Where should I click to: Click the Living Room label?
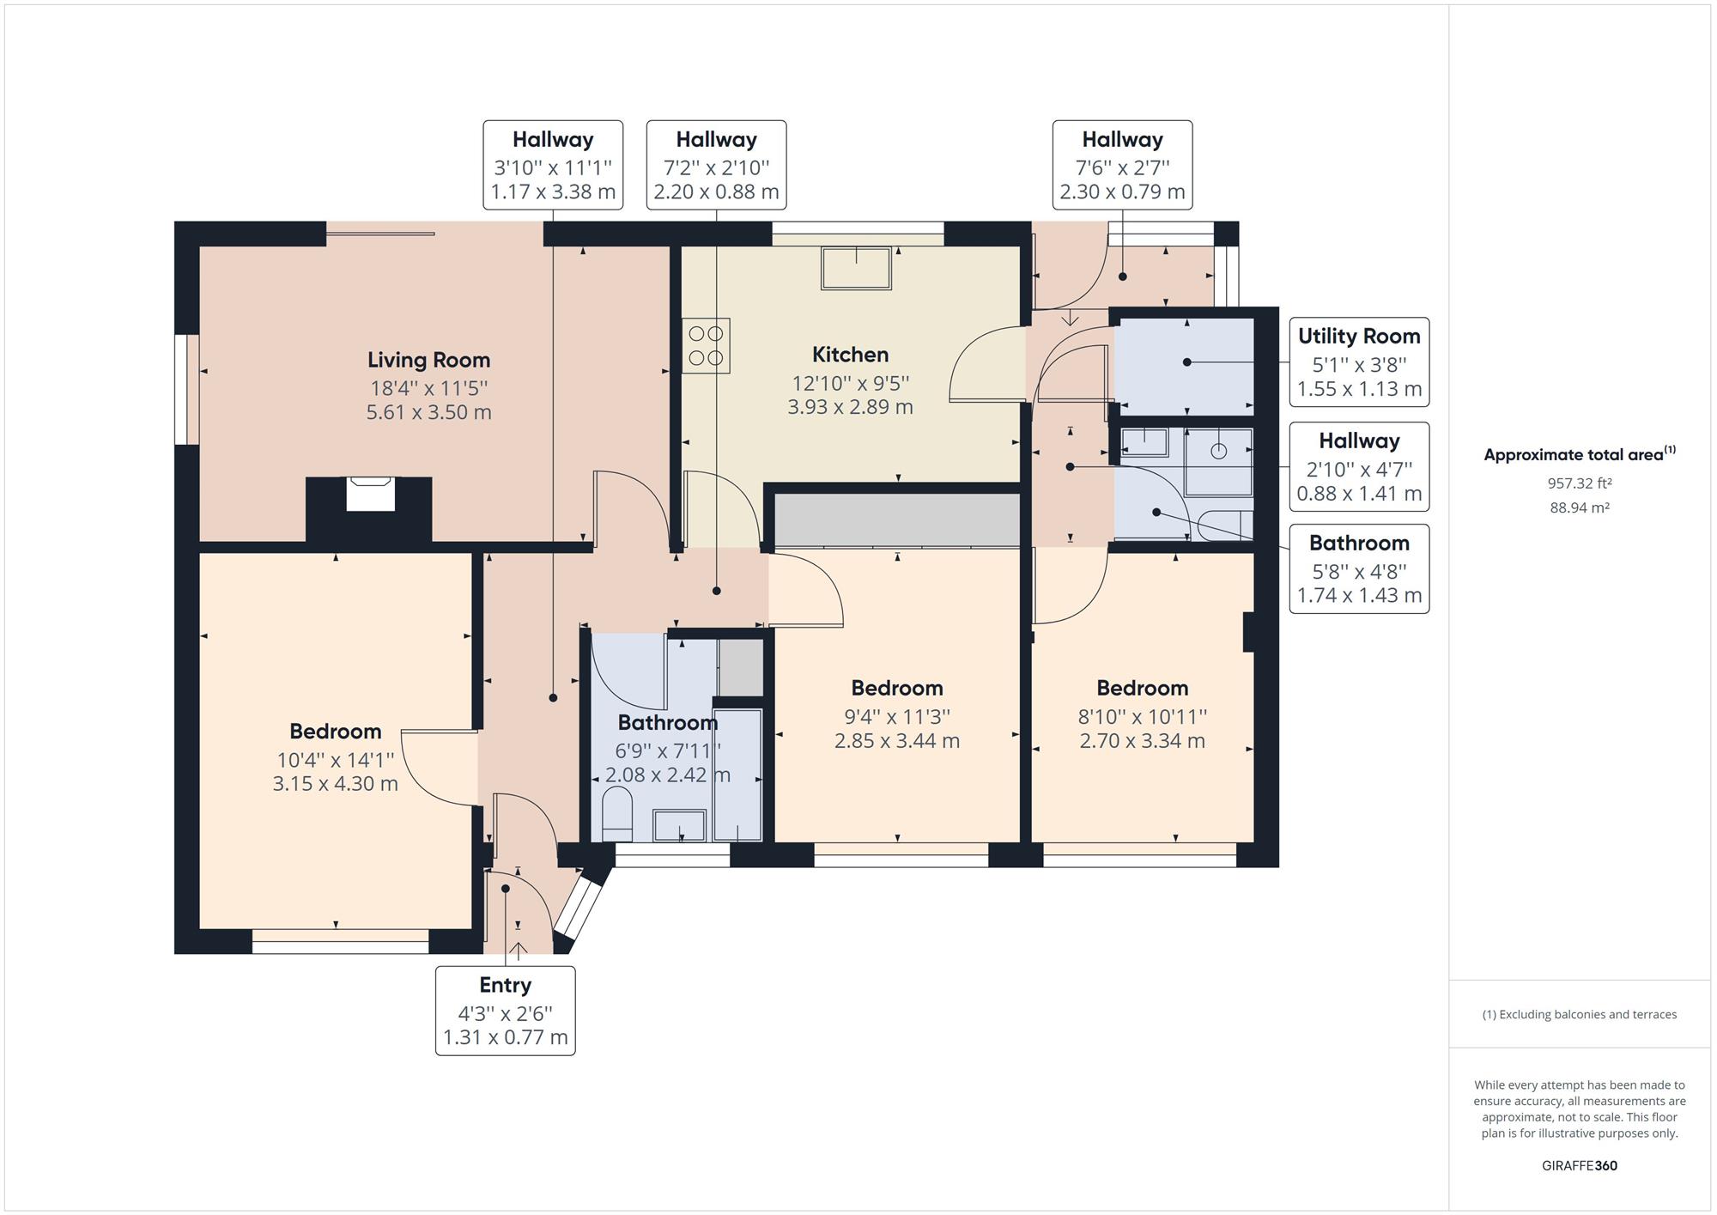[x=428, y=360]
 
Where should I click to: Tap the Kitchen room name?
[x=850, y=355]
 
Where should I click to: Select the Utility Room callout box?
[x=1359, y=361]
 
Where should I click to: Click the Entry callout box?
[x=506, y=1011]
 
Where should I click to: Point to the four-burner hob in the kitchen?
[x=707, y=345]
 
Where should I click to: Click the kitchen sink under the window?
[x=857, y=268]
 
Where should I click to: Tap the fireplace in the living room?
[x=370, y=495]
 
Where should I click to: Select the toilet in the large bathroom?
[x=617, y=814]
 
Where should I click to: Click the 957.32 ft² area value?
[x=1580, y=483]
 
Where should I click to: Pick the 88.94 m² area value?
[x=1580, y=507]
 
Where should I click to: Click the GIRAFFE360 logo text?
[x=1580, y=1165]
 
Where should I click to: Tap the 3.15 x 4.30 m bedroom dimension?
[x=336, y=783]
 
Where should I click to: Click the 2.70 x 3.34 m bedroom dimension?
[x=1142, y=740]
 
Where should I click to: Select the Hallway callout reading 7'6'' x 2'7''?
[x=1122, y=165]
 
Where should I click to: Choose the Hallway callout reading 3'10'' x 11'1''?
[x=553, y=165]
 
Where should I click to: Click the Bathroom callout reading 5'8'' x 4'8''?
[x=1359, y=568]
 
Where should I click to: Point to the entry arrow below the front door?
[x=518, y=951]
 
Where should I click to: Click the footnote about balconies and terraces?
[x=1580, y=1014]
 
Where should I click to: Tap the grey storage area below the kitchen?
[x=896, y=519]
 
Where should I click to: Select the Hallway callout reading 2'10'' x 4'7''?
[x=1359, y=466]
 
